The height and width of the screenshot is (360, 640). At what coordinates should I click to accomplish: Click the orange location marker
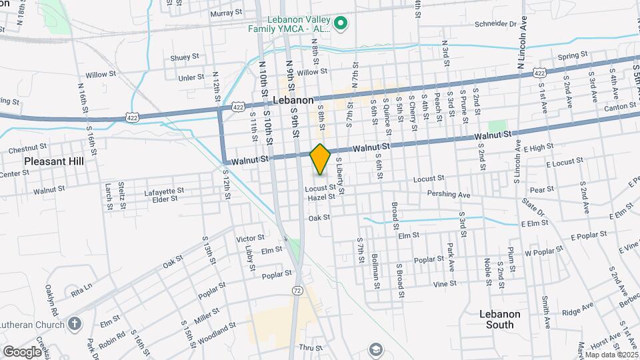click(321, 159)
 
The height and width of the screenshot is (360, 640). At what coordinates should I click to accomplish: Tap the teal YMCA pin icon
click(341, 25)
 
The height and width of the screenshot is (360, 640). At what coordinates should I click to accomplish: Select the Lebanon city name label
click(293, 99)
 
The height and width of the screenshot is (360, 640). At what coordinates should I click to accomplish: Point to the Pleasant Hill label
click(52, 161)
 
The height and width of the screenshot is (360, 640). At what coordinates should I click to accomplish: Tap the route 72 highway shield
click(297, 290)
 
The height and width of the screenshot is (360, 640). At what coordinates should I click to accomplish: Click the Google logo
click(22, 351)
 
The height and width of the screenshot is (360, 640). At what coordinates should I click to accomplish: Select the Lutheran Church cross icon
click(75, 325)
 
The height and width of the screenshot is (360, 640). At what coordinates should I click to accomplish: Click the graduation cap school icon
click(376, 349)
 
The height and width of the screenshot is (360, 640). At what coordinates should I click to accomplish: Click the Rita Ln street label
click(81, 291)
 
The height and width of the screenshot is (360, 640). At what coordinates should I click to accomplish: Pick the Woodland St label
click(220, 328)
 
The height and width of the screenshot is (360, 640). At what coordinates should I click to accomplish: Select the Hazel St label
click(321, 197)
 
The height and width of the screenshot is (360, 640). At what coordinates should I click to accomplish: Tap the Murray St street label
click(225, 13)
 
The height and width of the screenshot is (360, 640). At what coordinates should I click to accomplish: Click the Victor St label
click(251, 237)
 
